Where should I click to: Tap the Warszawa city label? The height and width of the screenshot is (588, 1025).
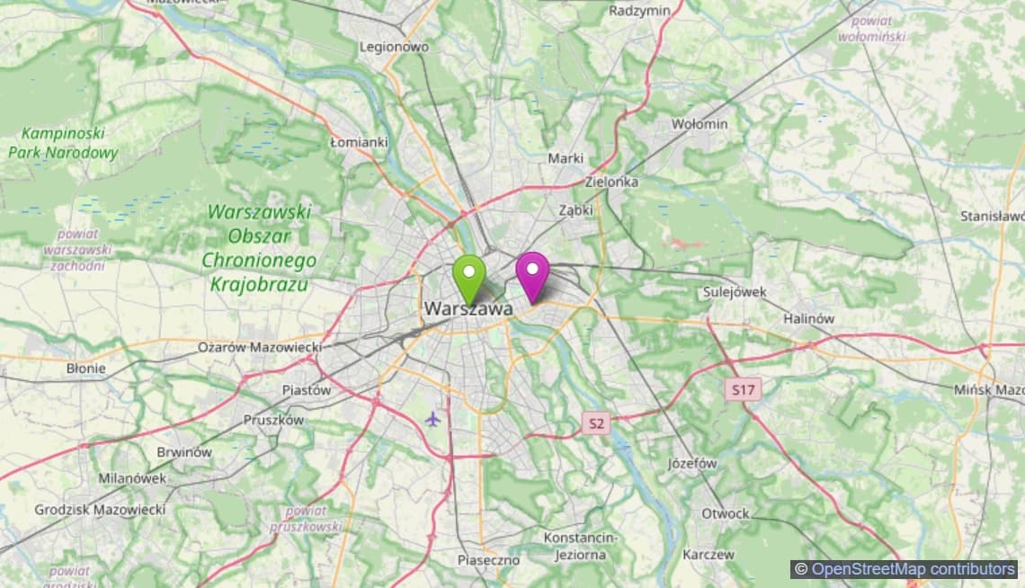tap(468, 308)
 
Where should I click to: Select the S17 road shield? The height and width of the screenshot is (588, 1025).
tap(743, 389)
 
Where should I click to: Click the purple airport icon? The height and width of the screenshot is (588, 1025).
tap(433, 418)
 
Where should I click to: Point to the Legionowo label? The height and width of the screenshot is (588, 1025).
tap(394, 46)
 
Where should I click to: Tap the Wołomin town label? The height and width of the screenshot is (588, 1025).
tap(700, 124)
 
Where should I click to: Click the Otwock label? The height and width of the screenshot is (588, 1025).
tap(725, 513)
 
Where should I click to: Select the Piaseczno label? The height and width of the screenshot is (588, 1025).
tap(488, 560)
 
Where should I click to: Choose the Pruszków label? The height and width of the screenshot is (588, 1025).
tap(273, 420)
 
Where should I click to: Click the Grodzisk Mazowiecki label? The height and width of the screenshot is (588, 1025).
tap(100, 510)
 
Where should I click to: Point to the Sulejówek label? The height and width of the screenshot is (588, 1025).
tap(734, 292)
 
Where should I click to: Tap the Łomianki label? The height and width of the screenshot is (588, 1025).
tap(359, 142)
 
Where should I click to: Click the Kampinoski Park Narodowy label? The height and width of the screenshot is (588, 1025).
tap(63, 143)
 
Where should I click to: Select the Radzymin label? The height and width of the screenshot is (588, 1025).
tap(640, 11)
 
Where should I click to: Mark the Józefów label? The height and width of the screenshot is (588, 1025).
tap(692, 464)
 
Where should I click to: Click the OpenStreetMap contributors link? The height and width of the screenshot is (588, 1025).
tap(914, 569)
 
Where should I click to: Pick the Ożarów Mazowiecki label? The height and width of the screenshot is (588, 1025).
tap(260, 346)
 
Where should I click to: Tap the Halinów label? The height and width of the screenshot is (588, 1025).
tap(808, 318)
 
